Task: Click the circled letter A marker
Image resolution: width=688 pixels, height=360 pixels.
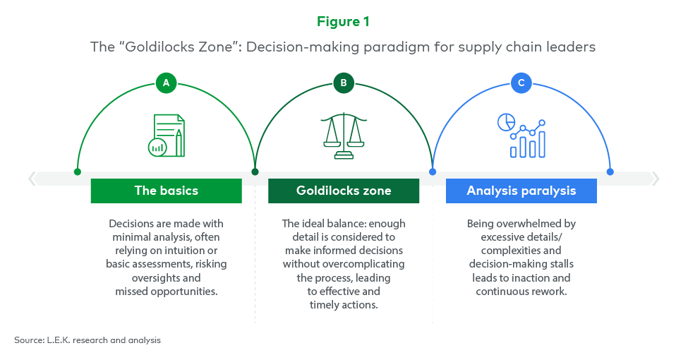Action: [166, 83]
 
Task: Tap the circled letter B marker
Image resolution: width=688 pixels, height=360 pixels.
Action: [344, 83]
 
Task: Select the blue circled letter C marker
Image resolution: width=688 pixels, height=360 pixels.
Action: [521, 83]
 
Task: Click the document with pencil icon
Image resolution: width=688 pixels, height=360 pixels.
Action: [167, 136]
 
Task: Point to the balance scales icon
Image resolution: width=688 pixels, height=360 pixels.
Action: [344, 136]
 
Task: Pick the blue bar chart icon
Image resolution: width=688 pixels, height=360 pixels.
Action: [521, 136]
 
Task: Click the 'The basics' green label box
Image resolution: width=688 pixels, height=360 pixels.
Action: [167, 191]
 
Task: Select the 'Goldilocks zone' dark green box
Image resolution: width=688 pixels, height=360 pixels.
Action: [344, 191]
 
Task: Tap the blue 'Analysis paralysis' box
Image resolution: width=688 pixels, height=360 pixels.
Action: [521, 191]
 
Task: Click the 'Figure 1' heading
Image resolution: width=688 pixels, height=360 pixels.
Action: [343, 21]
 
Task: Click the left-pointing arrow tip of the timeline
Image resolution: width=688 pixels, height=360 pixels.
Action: [29, 179]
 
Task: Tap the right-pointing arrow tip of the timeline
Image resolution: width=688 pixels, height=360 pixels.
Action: [658, 179]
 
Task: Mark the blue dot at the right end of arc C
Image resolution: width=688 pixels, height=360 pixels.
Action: [610, 172]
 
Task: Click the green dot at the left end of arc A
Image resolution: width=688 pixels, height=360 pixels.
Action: [77, 172]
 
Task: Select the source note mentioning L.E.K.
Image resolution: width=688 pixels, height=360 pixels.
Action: [87, 340]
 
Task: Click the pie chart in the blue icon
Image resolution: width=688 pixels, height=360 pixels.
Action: [507, 122]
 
